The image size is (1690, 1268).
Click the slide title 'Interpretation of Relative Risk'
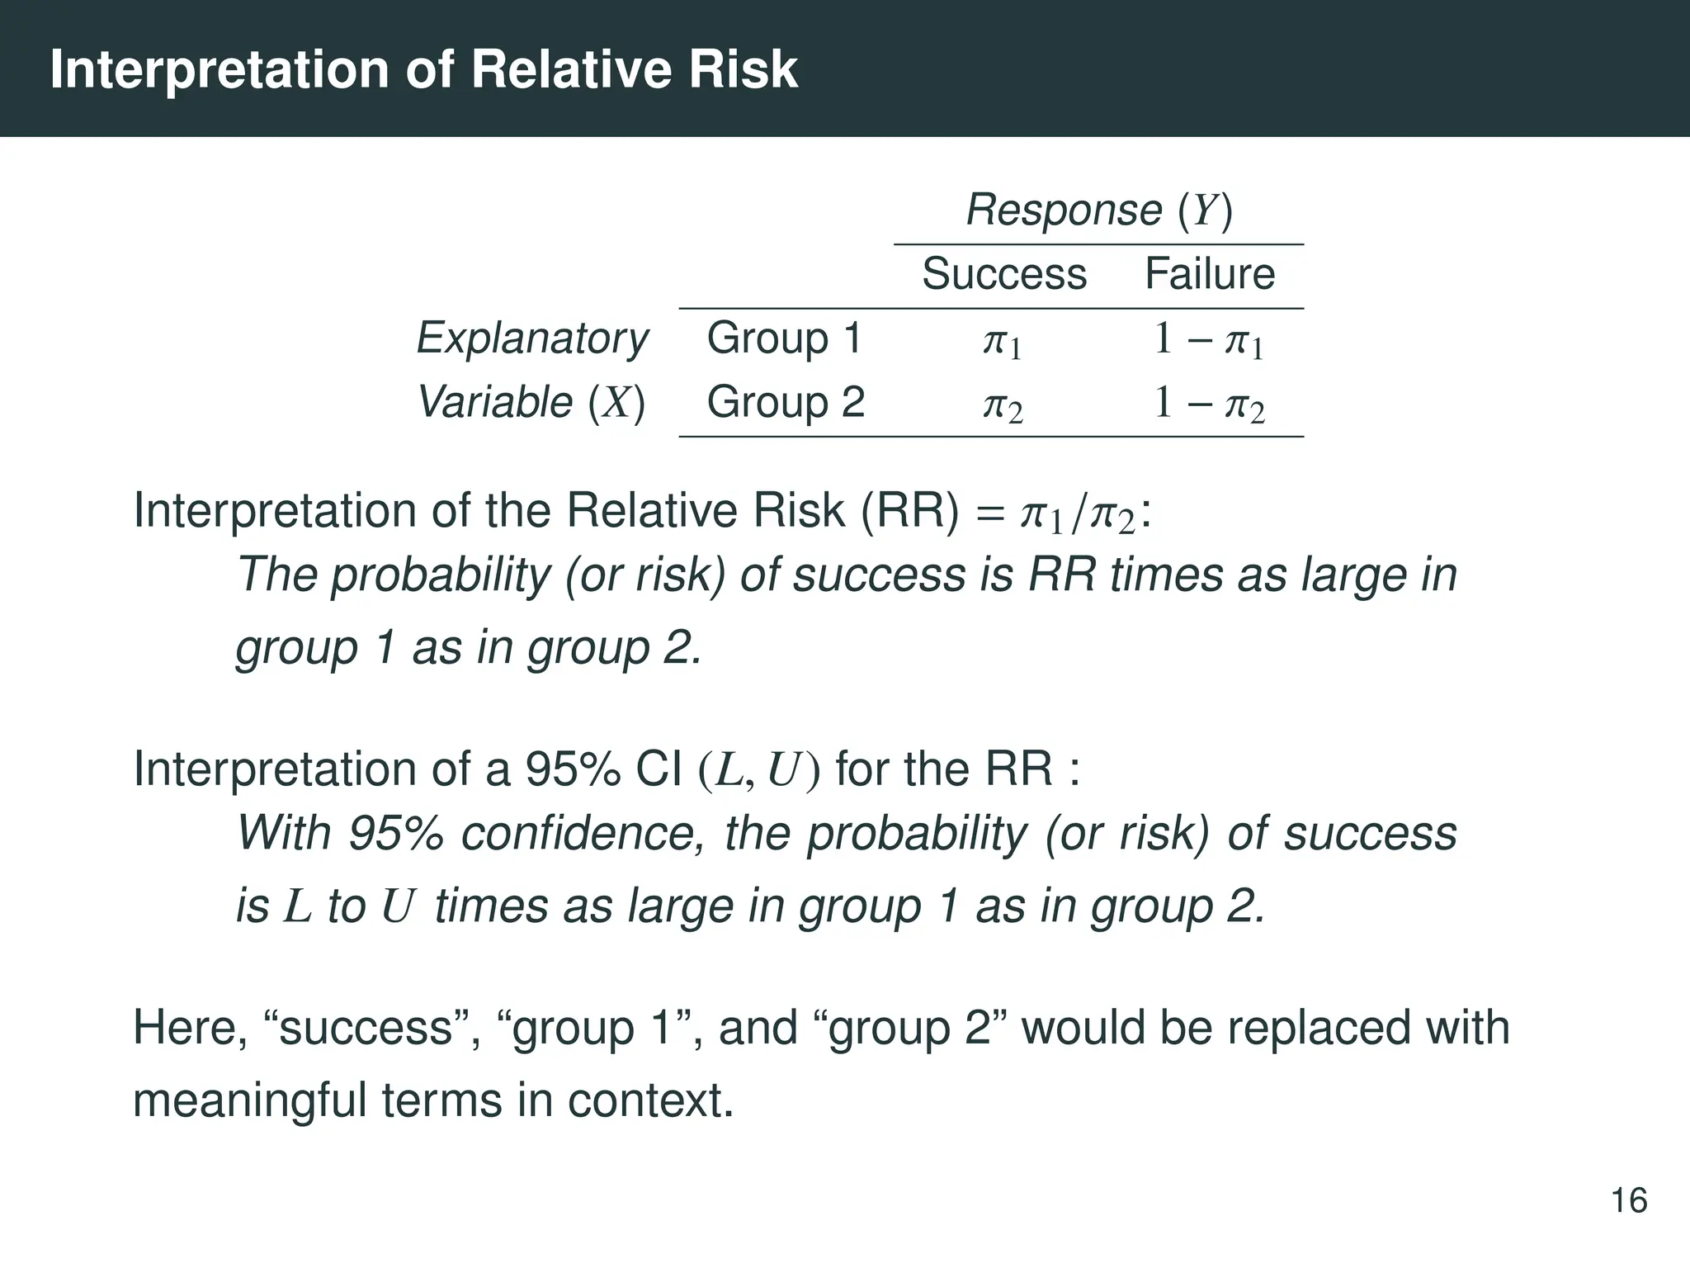pos(423,69)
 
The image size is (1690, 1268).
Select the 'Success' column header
pos(1003,274)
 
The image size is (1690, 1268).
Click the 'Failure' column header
pos(1210,274)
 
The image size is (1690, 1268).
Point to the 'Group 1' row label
pos(784,338)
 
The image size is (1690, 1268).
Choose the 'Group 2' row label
pos(786,403)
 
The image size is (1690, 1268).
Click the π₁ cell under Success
pos(1003,341)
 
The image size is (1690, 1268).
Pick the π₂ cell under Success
pos(1003,405)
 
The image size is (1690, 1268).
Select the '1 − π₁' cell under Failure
pos(1209,340)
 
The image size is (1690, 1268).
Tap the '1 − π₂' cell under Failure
pos(1209,405)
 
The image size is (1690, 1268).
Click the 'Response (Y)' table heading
pos(1099,211)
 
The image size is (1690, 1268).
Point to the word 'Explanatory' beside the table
pos(532,338)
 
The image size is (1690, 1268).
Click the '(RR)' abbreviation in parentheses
pos(910,511)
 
